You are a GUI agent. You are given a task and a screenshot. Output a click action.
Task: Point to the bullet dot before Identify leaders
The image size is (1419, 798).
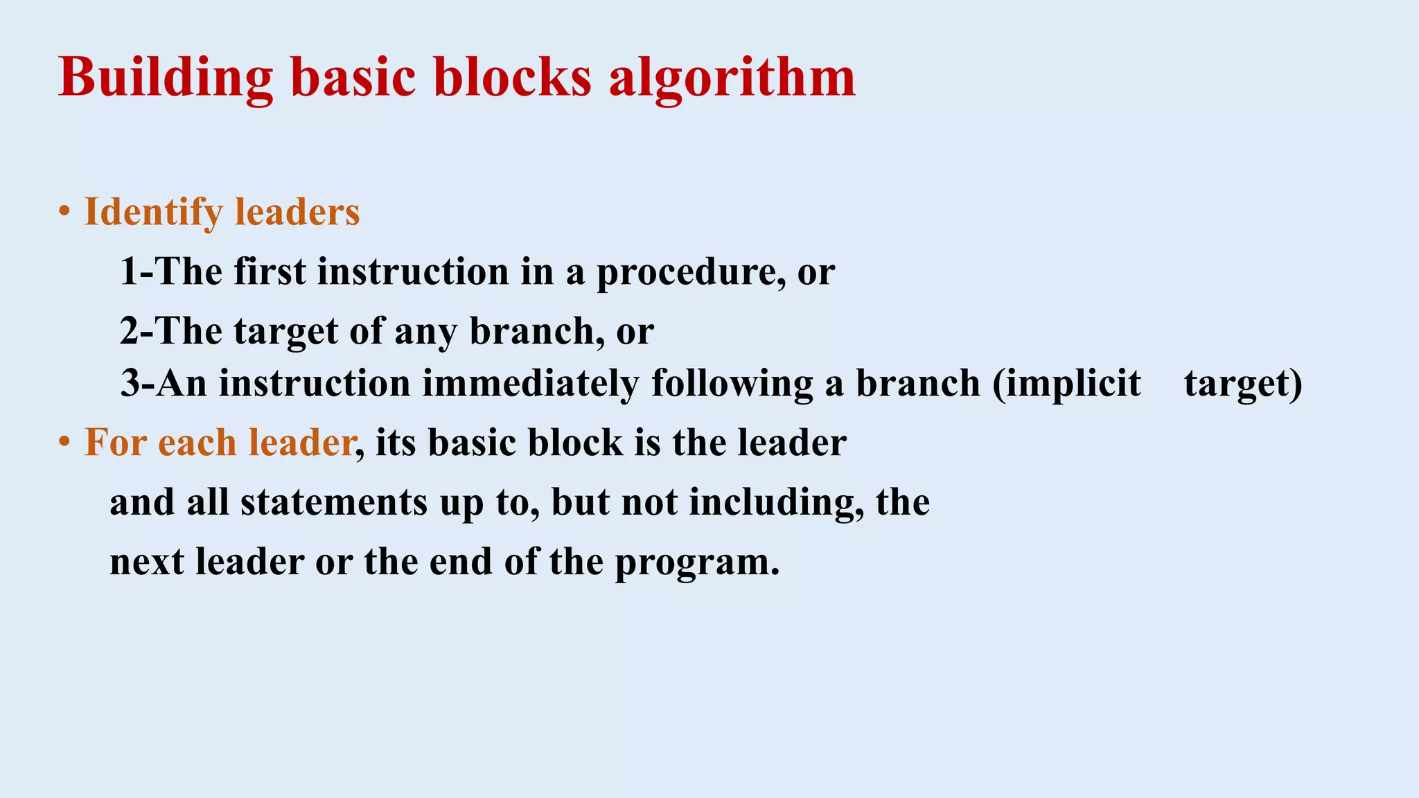[64, 211]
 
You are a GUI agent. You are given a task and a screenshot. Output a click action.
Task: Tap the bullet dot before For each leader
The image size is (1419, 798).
[64, 442]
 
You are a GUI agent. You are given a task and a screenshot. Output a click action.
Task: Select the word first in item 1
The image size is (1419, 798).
[270, 271]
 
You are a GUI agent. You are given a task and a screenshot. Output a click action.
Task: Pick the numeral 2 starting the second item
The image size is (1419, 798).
[129, 331]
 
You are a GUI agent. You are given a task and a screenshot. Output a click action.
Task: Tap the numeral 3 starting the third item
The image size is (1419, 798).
[130, 383]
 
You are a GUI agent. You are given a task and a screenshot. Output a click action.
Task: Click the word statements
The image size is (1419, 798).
[334, 502]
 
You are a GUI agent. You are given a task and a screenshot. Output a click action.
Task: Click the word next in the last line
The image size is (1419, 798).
[147, 562]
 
